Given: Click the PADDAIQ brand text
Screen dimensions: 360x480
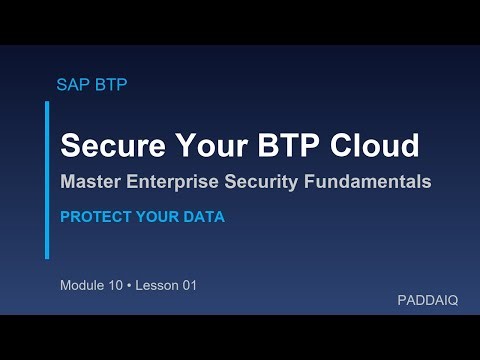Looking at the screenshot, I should click(427, 300).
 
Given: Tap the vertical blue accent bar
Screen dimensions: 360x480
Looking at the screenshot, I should click(47, 180).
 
